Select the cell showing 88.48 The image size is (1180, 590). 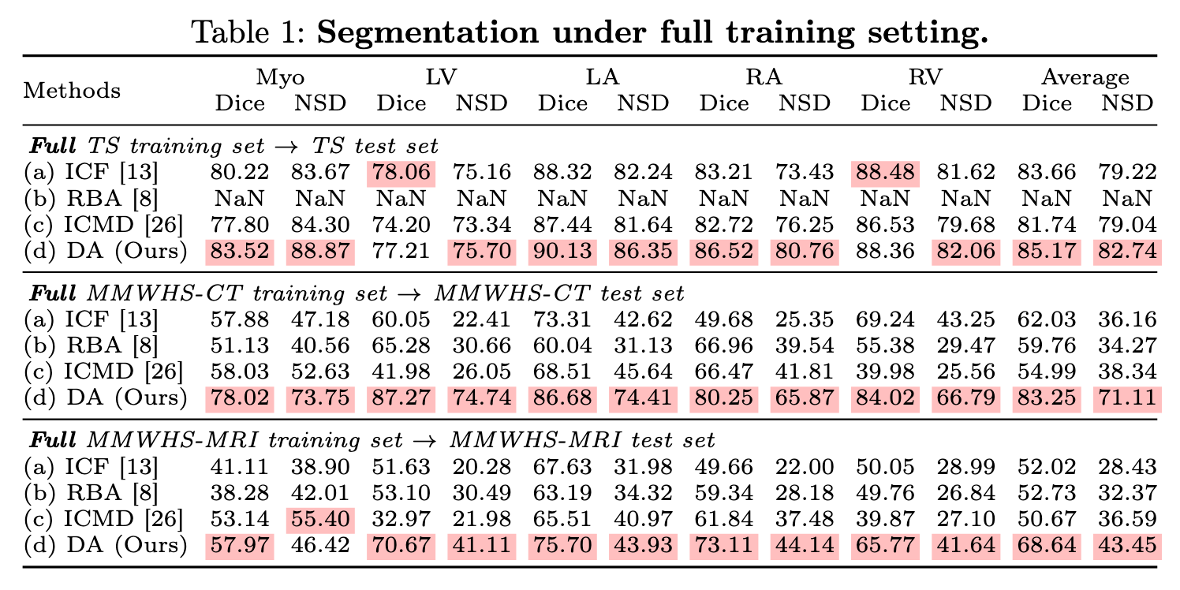click(884, 172)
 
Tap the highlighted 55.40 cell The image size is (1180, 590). click(320, 520)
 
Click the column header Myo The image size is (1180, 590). click(280, 77)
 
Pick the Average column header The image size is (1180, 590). click(1085, 77)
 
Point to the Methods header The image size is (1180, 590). click(73, 90)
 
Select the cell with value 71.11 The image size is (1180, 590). click(1126, 398)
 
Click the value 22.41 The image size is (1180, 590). click(481, 320)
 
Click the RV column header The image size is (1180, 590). click(924, 77)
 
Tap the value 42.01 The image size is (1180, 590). click(320, 494)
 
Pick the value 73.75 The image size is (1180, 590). click(320, 398)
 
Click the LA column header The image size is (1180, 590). click(603, 77)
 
